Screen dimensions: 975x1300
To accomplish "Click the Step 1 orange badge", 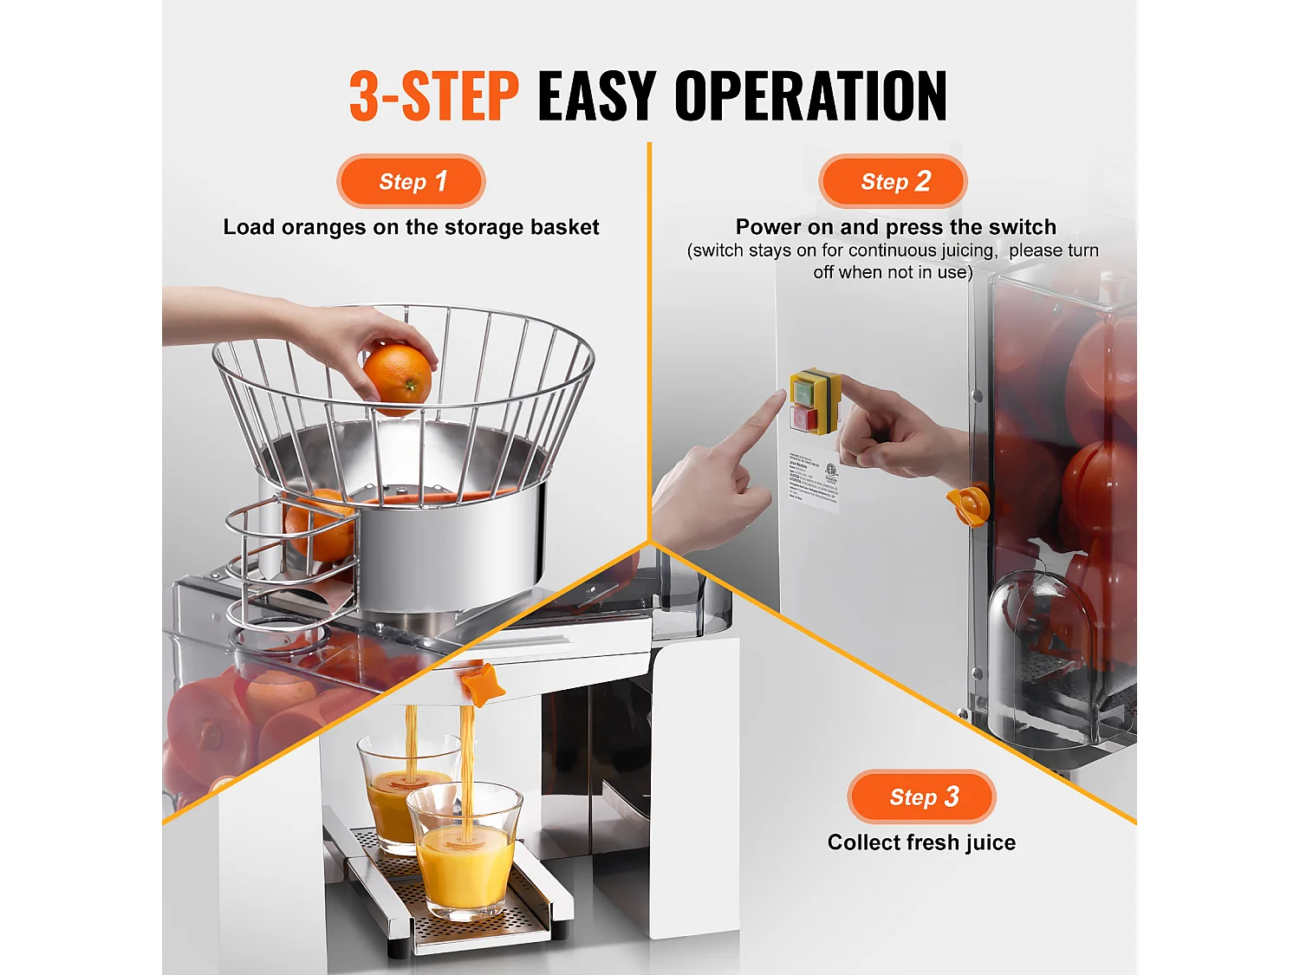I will [411, 181].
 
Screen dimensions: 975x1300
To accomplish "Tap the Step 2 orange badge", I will [893, 181].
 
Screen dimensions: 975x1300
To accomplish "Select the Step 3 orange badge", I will [921, 796].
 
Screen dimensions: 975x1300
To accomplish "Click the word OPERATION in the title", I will [810, 96].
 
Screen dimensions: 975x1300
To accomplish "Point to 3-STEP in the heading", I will [433, 96].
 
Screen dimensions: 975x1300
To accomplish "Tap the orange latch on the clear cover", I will [970, 505].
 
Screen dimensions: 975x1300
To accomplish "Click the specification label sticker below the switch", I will [813, 480].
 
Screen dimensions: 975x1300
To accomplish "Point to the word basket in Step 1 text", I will [564, 227].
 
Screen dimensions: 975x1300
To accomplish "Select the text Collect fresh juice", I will [921, 842].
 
